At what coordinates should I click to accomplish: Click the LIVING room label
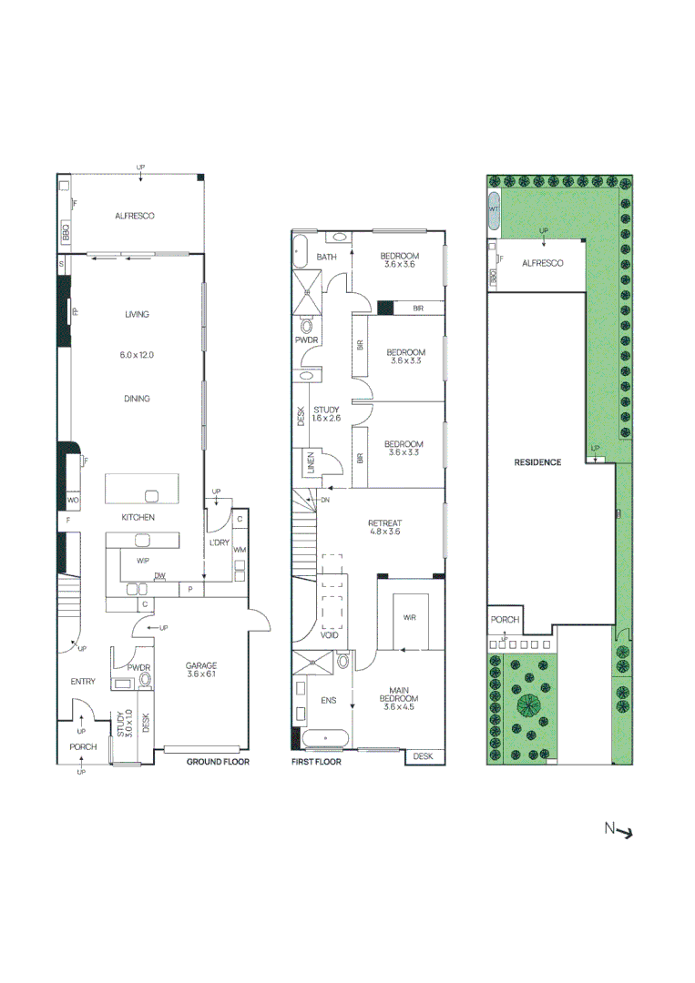[137, 314]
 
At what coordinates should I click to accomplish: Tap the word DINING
[137, 399]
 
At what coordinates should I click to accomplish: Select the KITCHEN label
[138, 517]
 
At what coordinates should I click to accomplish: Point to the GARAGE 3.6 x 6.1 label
[200, 670]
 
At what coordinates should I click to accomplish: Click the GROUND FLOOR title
[218, 762]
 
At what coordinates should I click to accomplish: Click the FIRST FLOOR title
[316, 762]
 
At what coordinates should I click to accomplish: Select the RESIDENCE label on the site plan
[537, 462]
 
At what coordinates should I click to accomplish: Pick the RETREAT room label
[384, 523]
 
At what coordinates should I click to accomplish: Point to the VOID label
[331, 634]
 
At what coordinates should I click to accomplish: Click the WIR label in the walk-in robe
[409, 617]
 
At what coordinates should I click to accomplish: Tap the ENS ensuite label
[329, 702]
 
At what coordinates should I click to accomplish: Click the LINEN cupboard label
[311, 463]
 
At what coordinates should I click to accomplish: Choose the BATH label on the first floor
[326, 258]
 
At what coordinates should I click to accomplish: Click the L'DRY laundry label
[220, 542]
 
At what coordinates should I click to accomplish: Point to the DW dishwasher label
[159, 575]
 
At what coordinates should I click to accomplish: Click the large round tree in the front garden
[526, 704]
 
